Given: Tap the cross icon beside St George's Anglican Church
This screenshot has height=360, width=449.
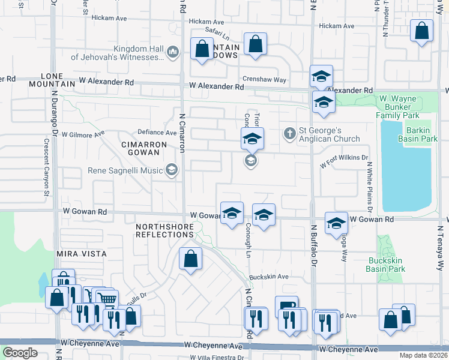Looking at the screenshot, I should point(290,133).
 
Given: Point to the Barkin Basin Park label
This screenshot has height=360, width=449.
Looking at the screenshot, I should point(417,134).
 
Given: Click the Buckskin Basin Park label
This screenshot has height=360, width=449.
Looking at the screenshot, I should point(385,265).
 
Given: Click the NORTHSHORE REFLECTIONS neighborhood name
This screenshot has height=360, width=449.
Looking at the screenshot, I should point(164,230).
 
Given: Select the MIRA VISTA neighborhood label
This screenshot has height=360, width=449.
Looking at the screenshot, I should point(82,254).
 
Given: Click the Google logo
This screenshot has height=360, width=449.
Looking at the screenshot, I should point(20,352).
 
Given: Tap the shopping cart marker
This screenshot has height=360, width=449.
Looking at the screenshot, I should point(106,298).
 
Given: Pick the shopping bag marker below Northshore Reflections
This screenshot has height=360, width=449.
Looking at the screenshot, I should point(190,259).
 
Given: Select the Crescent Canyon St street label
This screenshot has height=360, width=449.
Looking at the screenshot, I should point(46,168).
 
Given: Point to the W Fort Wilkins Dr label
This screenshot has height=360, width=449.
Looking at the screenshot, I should point(343,160).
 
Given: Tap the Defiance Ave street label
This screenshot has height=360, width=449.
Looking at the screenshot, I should point(157,132).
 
